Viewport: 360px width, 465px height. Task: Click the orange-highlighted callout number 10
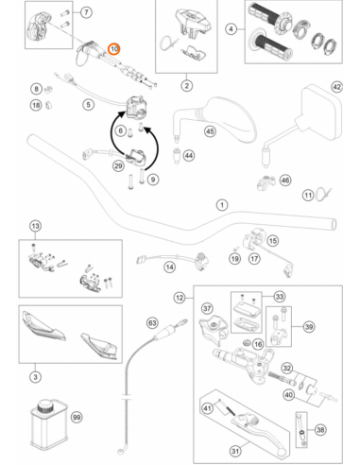(x=113, y=49)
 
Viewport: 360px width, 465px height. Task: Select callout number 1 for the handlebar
(x=222, y=205)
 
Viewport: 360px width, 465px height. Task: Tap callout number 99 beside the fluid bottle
(x=77, y=417)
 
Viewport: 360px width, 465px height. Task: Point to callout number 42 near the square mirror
(x=336, y=87)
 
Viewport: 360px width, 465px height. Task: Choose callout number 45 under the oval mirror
(x=210, y=131)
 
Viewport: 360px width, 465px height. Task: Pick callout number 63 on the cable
(x=152, y=323)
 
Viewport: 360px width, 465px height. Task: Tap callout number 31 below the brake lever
(x=235, y=451)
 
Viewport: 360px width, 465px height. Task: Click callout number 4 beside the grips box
(x=231, y=29)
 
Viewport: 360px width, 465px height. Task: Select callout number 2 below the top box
(x=187, y=85)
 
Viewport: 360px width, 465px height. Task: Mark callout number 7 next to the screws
(x=86, y=12)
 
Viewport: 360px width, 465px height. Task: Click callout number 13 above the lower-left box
(x=35, y=226)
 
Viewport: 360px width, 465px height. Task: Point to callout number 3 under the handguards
(x=35, y=377)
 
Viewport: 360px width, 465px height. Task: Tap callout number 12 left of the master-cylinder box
(x=180, y=298)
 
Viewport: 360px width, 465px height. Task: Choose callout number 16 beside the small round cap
(x=258, y=344)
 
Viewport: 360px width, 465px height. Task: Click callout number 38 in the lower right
(x=320, y=429)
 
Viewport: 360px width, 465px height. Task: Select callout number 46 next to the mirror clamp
(x=285, y=181)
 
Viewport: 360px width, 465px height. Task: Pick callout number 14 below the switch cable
(x=170, y=267)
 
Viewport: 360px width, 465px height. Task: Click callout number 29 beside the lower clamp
(x=118, y=165)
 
